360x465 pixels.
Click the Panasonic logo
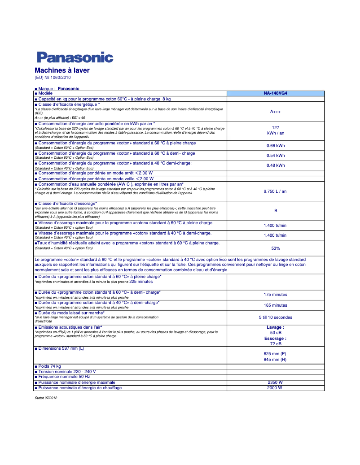[75, 57]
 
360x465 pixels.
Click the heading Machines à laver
[62, 70]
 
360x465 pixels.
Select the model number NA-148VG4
[275, 93]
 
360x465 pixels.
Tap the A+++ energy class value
[275, 112]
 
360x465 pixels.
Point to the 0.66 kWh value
[275, 145]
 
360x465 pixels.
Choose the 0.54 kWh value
[275, 156]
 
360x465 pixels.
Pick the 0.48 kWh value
[275, 165]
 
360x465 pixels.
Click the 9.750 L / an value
[275, 191]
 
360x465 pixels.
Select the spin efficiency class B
[275, 211]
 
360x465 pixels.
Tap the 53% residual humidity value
[275, 248]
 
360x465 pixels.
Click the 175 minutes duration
[275, 295]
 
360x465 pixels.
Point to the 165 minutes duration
[275, 305]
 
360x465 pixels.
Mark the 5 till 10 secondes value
[275, 317]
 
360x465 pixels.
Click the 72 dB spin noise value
[275, 343]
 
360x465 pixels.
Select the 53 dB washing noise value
[275, 333]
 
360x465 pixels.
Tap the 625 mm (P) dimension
[275, 354]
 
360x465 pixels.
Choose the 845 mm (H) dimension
[275, 360]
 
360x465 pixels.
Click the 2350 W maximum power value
[275, 382]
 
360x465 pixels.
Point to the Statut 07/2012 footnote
[46, 398]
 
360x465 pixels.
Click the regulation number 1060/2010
[60, 78]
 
